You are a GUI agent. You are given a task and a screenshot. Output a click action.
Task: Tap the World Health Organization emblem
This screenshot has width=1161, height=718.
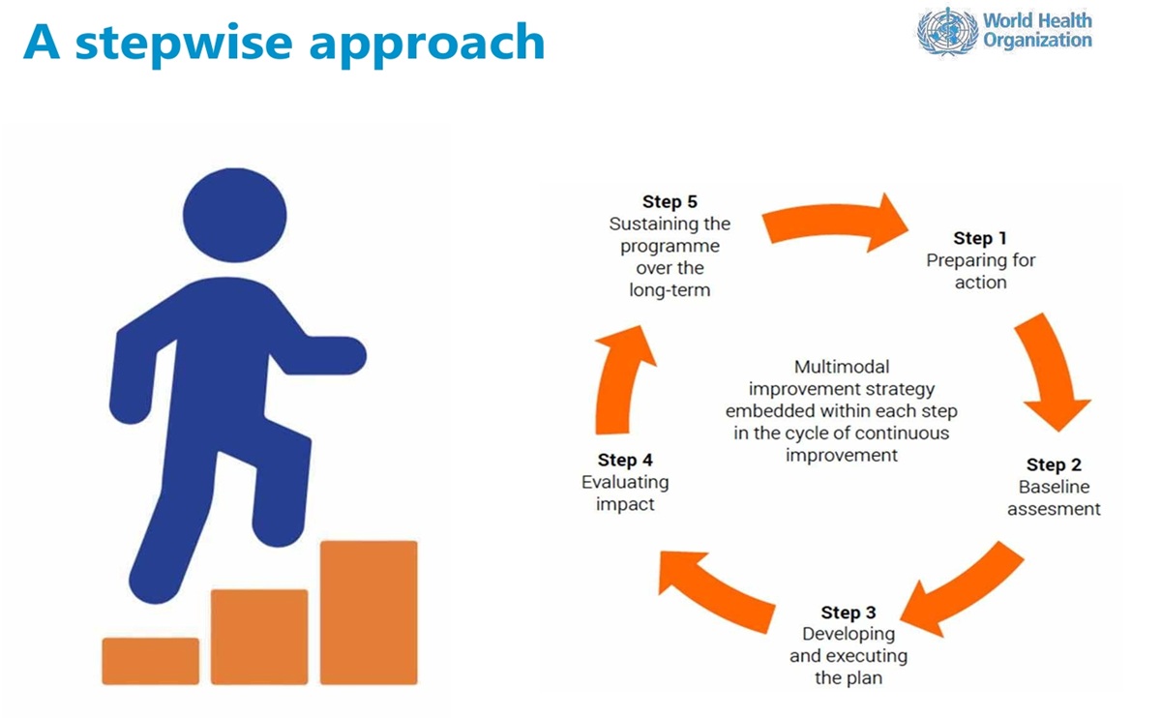click(947, 31)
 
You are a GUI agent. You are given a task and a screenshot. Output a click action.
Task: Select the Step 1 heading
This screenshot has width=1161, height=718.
click(980, 238)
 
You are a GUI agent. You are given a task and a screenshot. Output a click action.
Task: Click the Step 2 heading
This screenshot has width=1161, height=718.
click(1054, 464)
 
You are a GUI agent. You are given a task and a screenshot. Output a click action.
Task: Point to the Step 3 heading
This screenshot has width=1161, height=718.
click(848, 613)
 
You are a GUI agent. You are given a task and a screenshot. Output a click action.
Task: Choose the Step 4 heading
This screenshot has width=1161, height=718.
click(625, 460)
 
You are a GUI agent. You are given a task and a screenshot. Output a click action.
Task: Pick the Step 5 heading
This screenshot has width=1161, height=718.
click(670, 201)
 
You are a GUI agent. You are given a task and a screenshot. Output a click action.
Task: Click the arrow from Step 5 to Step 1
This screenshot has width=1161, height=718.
click(834, 222)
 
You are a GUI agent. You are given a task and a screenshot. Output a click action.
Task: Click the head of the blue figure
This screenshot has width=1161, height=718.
click(235, 215)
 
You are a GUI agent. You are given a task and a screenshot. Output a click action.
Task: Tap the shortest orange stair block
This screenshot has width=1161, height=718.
click(150, 661)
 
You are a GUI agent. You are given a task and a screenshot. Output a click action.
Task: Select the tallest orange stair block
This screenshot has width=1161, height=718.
click(369, 613)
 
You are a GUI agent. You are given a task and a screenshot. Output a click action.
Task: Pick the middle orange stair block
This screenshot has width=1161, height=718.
click(259, 637)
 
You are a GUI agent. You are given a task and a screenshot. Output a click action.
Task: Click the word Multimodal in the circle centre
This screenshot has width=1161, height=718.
click(841, 367)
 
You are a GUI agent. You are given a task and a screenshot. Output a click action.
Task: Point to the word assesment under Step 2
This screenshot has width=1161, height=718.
click(1054, 509)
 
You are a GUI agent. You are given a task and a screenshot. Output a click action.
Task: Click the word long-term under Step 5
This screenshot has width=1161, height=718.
click(670, 290)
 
